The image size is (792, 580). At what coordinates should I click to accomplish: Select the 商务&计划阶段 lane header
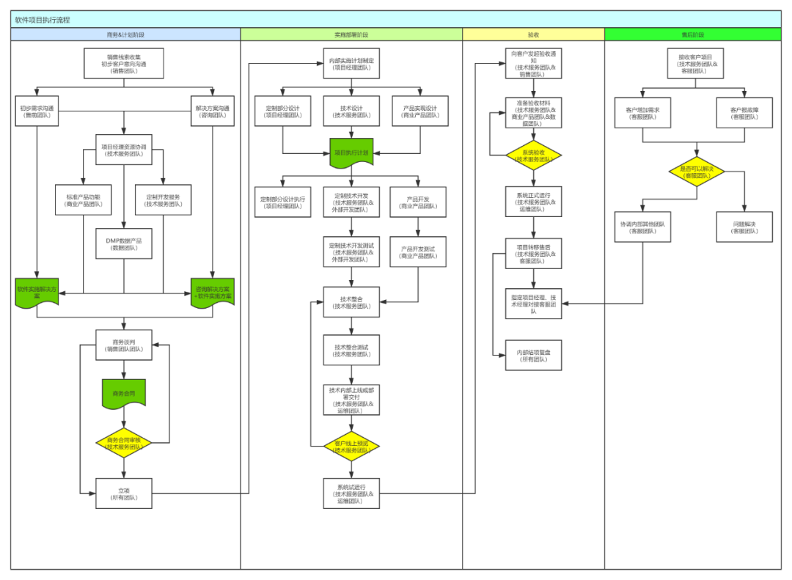pyautogui.click(x=125, y=34)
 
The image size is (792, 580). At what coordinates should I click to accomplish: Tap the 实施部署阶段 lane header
pyautogui.click(x=351, y=34)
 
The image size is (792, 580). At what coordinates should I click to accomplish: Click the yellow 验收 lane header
pyautogui.click(x=533, y=34)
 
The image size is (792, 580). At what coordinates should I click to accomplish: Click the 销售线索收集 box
pyautogui.click(x=123, y=63)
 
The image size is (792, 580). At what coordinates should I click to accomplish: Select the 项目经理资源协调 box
pyautogui.click(x=123, y=150)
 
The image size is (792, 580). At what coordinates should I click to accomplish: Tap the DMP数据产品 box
pyautogui.click(x=123, y=243)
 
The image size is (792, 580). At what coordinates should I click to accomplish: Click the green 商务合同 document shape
pyautogui.click(x=123, y=394)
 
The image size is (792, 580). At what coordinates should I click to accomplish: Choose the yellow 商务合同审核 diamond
pyautogui.click(x=123, y=443)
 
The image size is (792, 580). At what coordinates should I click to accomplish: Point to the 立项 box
pyautogui.click(x=123, y=493)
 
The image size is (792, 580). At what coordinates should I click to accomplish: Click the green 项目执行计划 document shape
pyautogui.click(x=351, y=153)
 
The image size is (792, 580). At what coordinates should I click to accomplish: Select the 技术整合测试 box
pyautogui.click(x=351, y=350)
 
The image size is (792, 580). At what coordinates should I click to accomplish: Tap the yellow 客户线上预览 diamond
pyautogui.click(x=351, y=446)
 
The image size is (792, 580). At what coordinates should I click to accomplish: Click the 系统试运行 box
pyautogui.click(x=351, y=493)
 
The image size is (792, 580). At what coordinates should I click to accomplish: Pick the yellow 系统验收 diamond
pyautogui.click(x=533, y=155)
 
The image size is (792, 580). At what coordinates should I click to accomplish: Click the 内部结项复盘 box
pyautogui.click(x=533, y=356)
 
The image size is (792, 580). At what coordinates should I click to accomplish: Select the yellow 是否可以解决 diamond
pyautogui.click(x=696, y=172)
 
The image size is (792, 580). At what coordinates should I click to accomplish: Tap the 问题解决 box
pyautogui.click(x=744, y=227)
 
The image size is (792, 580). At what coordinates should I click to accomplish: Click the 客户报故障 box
pyautogui.click(x=744, y=113)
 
